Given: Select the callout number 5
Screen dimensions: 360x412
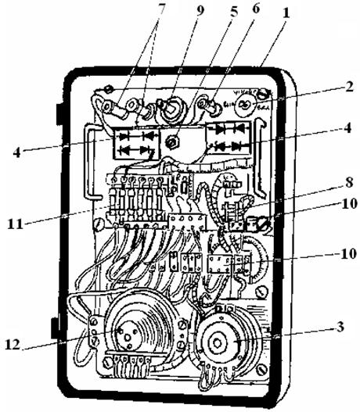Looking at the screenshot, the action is click(x=233, y=12).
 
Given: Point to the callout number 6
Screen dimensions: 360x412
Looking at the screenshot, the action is click(x=255, y=9).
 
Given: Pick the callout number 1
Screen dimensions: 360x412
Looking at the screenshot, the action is click(x=286, y=13).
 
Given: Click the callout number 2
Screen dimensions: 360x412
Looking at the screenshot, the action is click(x=349, y=87).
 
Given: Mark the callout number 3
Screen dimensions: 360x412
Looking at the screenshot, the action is click(x=340, y=327).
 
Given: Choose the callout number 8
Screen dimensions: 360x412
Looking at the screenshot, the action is click(x=349, y=182).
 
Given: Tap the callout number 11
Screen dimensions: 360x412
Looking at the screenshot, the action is click(x=15, y=224).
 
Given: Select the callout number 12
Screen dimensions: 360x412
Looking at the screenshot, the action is click(x=13, y=345).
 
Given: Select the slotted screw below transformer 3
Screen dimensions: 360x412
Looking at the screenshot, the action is click(x=263, y=370).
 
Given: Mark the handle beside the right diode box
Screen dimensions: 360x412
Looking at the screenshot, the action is click(x=259, y=158).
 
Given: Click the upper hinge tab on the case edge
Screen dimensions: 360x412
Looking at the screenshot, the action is click(x=59, y=114).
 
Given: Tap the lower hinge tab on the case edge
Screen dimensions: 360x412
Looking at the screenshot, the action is click(x=56, y=328).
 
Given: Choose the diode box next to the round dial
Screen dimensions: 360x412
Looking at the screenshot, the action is click(x=229, y=138).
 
